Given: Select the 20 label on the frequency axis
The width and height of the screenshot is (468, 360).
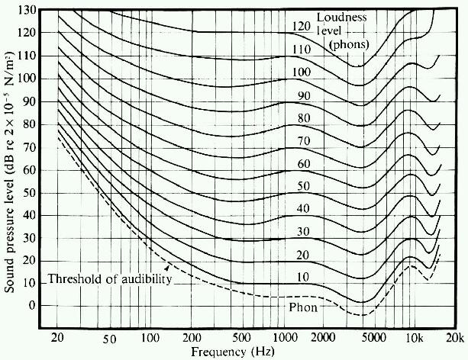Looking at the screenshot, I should click(59, 339).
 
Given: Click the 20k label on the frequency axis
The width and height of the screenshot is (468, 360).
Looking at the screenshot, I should click(455, 339).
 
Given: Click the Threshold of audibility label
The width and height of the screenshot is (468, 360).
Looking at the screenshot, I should click(109, 280).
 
